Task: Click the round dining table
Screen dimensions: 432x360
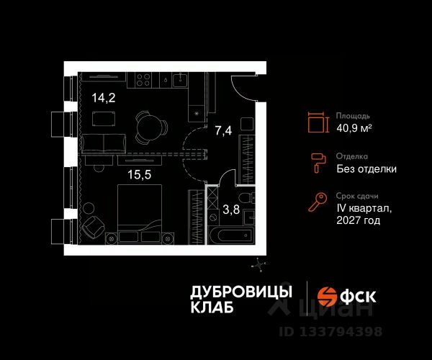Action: [x=147, y=128]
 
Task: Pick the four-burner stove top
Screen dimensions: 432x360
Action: [x=142, y=79]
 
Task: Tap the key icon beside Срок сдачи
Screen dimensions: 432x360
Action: [x=318, y=203]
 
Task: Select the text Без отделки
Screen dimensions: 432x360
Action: [x=366, y=169]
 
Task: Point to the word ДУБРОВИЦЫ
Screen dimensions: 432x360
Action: [x=240, y=291]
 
